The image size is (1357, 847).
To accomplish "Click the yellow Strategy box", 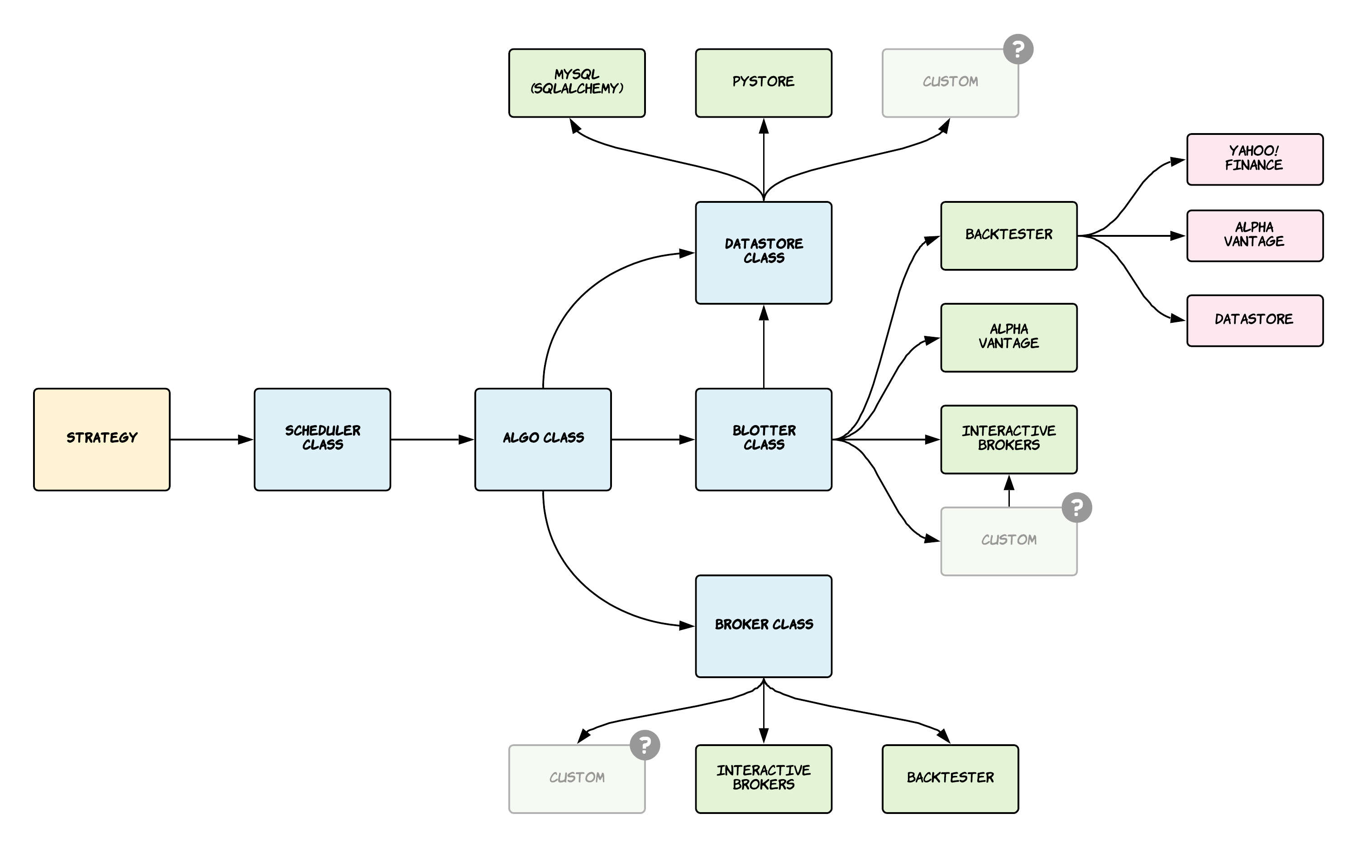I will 101,439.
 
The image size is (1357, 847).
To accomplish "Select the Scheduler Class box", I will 322,439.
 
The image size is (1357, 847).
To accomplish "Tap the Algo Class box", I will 543,439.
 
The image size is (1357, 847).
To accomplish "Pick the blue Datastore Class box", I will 763,253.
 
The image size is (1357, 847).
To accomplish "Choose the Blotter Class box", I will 763,439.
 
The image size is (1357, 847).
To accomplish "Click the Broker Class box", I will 763,626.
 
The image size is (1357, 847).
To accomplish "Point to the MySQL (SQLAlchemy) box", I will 577,83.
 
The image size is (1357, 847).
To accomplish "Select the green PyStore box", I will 763,83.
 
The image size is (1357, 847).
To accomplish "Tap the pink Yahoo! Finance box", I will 1255,159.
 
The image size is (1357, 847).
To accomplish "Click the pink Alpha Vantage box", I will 1255,235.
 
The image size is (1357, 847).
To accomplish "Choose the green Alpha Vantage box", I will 1008,337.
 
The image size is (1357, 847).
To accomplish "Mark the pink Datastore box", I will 1255,321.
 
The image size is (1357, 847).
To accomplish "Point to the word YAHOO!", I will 1254,151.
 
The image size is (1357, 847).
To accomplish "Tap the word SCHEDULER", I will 323,430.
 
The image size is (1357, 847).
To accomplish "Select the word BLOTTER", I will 764,430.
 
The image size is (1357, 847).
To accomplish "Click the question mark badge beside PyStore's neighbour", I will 1018,49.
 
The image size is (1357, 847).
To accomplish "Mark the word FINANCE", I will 1253,165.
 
